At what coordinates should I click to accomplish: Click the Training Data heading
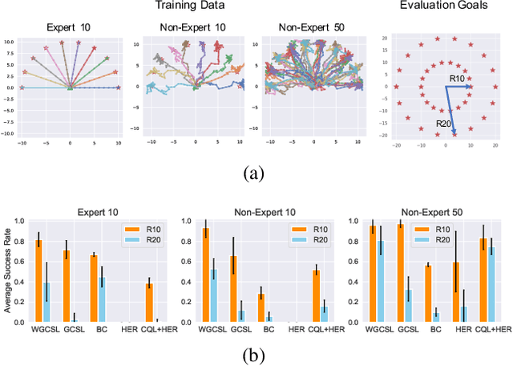point(192,7)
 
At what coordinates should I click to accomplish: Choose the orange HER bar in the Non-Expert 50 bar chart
point(455,292)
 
